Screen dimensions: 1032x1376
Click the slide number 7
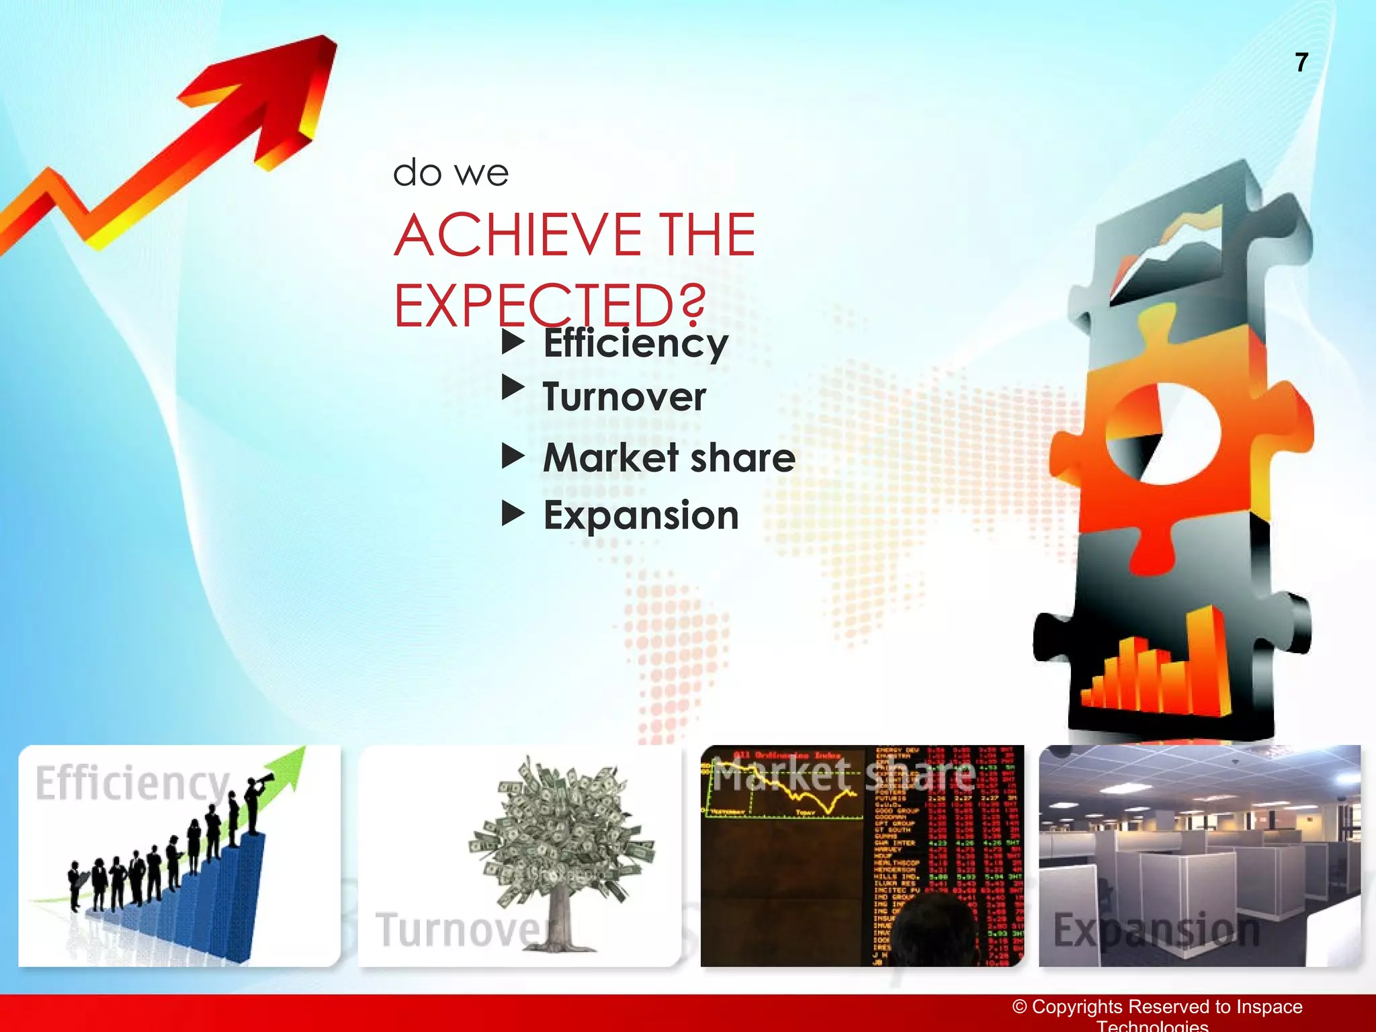1301,62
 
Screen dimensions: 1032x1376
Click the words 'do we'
450,173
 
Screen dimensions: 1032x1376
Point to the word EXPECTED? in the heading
550,306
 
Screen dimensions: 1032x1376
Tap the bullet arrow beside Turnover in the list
513,388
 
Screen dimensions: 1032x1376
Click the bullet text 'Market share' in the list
669,458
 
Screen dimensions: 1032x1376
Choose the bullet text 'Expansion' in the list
641,516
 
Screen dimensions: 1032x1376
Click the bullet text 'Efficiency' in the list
636,343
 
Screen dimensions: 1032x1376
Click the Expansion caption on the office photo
1156,931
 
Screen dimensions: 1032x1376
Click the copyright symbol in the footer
1020,1006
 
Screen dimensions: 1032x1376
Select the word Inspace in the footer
1269,1006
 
